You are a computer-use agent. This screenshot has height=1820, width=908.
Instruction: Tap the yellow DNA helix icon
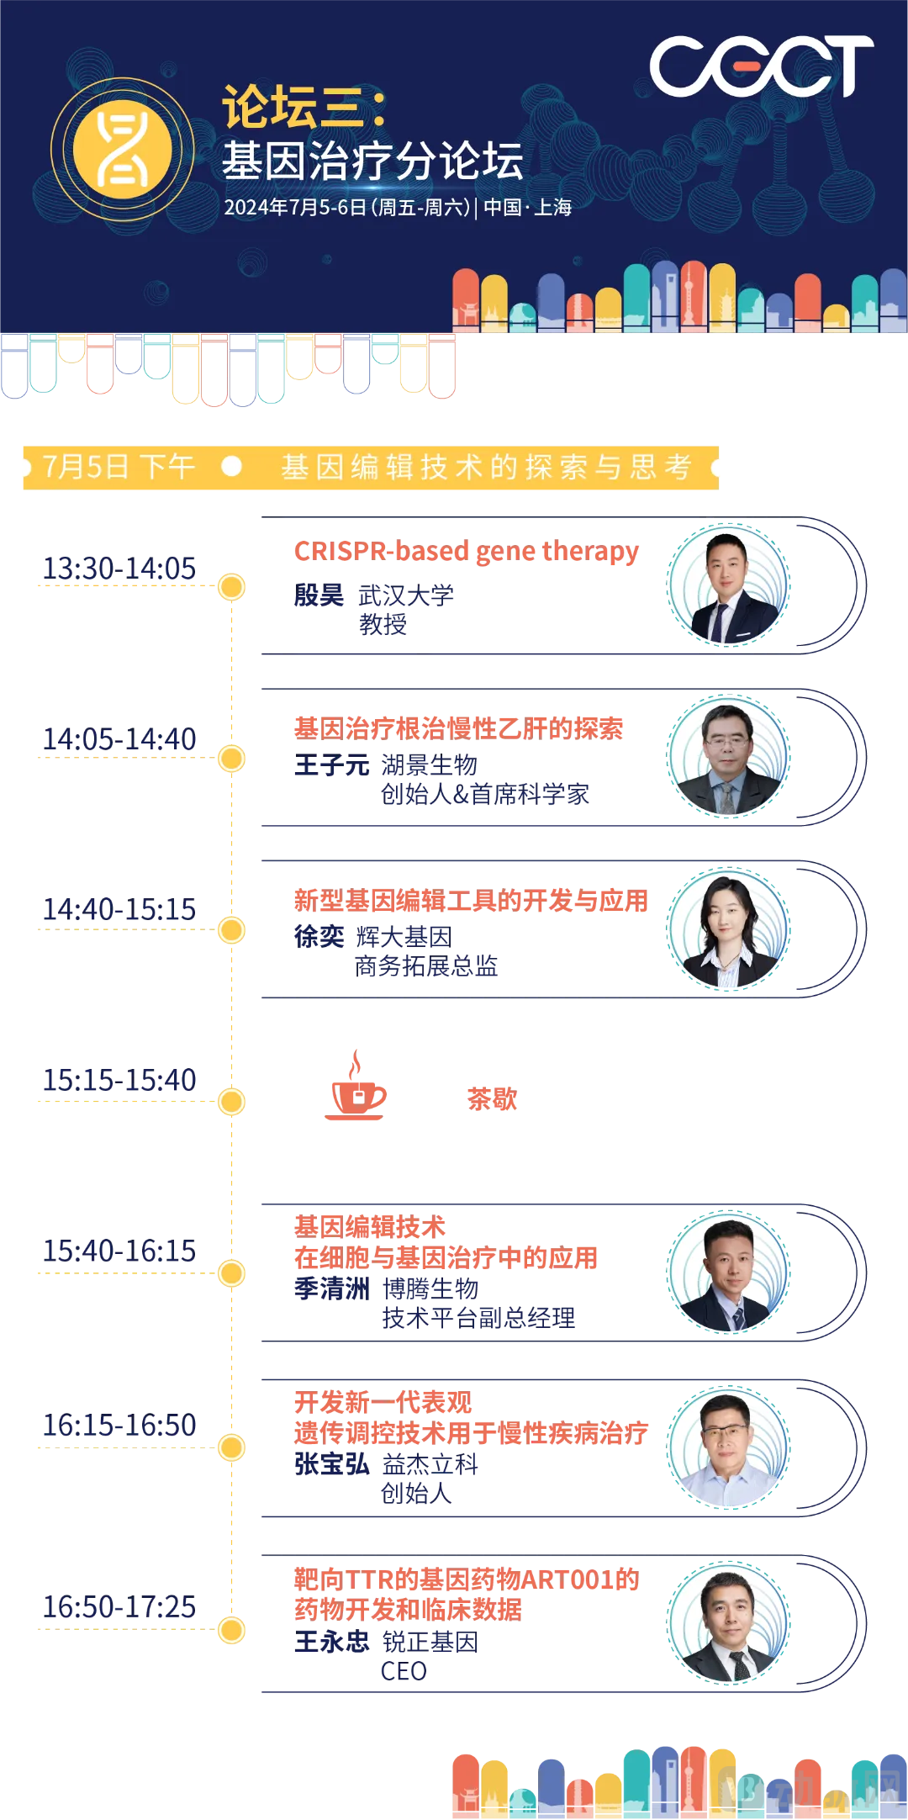point(123,150)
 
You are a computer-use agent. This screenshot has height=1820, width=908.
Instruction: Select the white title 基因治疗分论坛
point(372,161)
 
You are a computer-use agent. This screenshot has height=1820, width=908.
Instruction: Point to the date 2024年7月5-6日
point(294,208)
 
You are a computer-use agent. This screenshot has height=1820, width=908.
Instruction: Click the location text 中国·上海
point(528,208)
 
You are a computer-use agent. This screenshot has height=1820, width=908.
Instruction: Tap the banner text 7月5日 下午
point(119,467)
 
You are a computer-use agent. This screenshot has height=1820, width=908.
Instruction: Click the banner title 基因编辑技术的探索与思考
point(487,467)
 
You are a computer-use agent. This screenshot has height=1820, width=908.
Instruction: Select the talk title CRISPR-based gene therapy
point(467,552)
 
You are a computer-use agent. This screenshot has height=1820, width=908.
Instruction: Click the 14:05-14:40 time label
point(119,740)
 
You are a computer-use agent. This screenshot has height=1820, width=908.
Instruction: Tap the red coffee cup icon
point(356,1091)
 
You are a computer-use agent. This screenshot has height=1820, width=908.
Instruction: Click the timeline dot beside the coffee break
point(231,1102)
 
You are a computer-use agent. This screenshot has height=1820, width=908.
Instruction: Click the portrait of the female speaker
point(728,930)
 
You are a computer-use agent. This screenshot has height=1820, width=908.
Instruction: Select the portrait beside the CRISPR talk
point(728,585)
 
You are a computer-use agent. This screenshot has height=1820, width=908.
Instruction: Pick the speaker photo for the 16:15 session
point(728,1447)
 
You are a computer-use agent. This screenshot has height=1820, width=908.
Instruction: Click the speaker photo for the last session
point(728,1623)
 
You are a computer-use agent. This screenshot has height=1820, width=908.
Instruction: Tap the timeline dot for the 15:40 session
point(231,1273)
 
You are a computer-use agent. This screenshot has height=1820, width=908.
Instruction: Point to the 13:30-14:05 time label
point(119,568)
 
